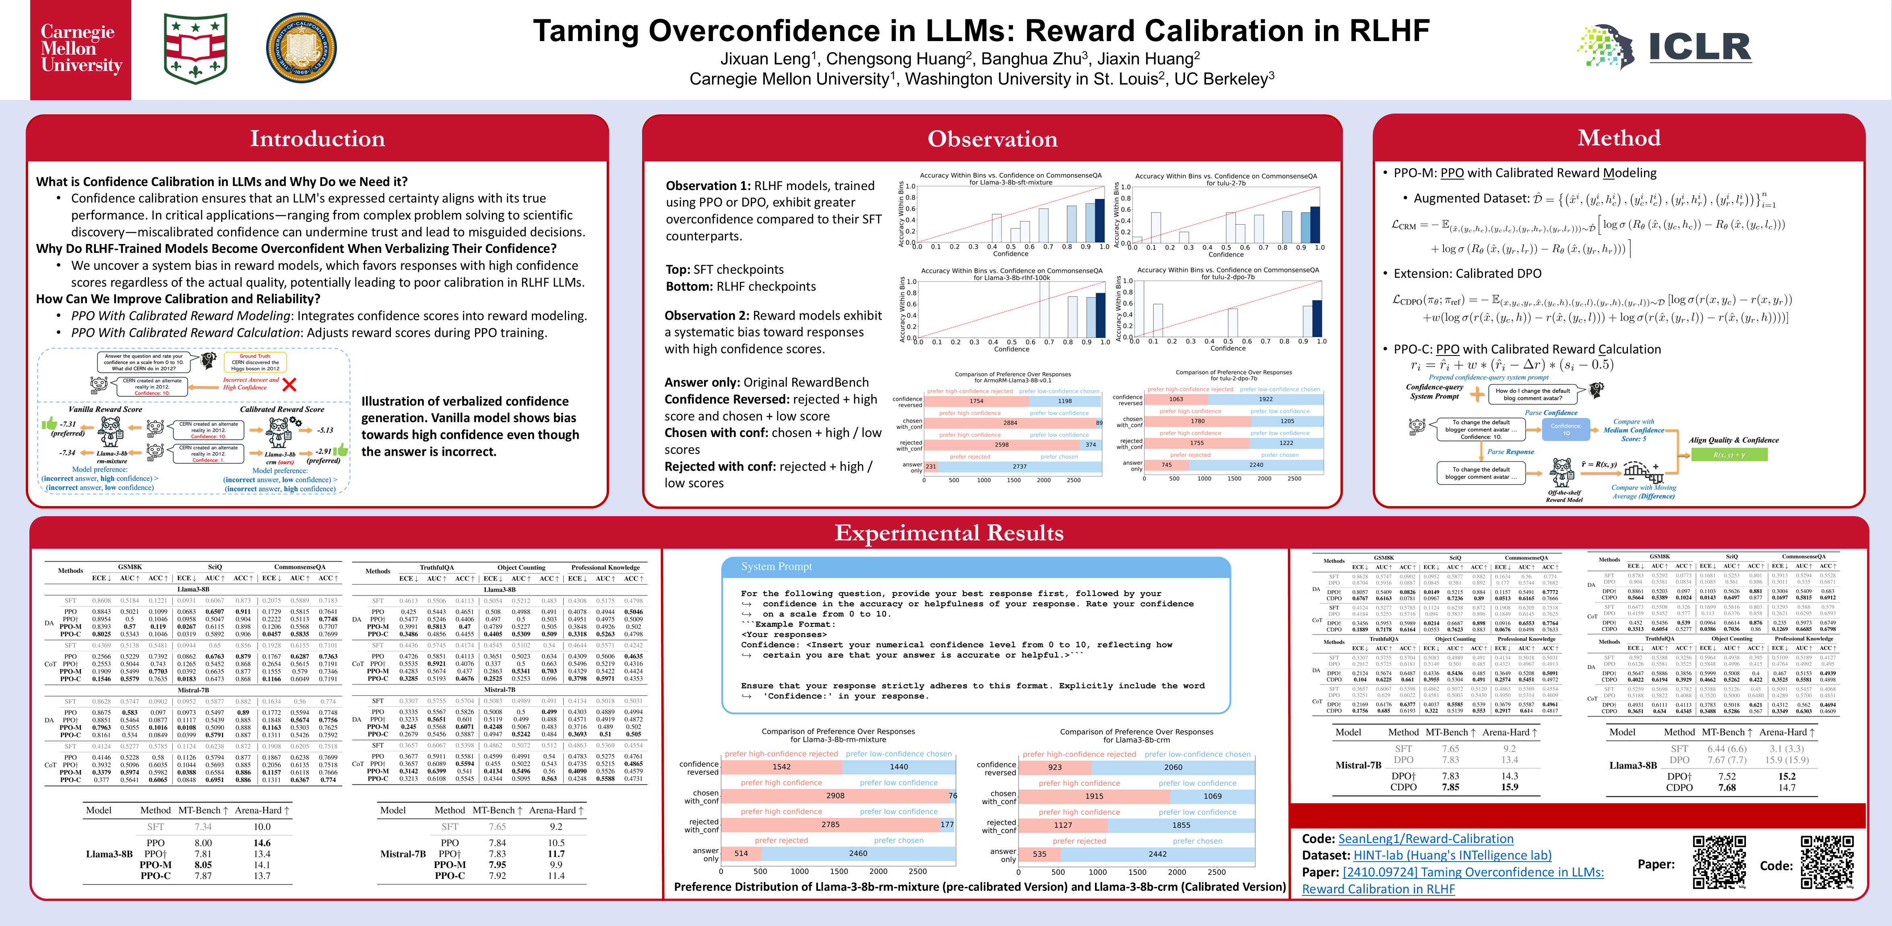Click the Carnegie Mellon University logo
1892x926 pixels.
(x=81, y=49)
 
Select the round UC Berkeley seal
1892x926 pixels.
(x=301, y=48)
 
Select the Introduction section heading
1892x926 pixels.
(x=317, y=139)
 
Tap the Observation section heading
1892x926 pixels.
(x=992, y=139)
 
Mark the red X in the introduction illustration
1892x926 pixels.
(x=289, y=384)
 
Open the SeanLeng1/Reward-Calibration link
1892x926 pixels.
(x=1425, y=839)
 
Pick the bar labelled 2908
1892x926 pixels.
(x=834, y=795)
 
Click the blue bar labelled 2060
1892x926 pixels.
(x=1173, y=767)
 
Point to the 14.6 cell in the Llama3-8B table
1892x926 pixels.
(x=262, y=843)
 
